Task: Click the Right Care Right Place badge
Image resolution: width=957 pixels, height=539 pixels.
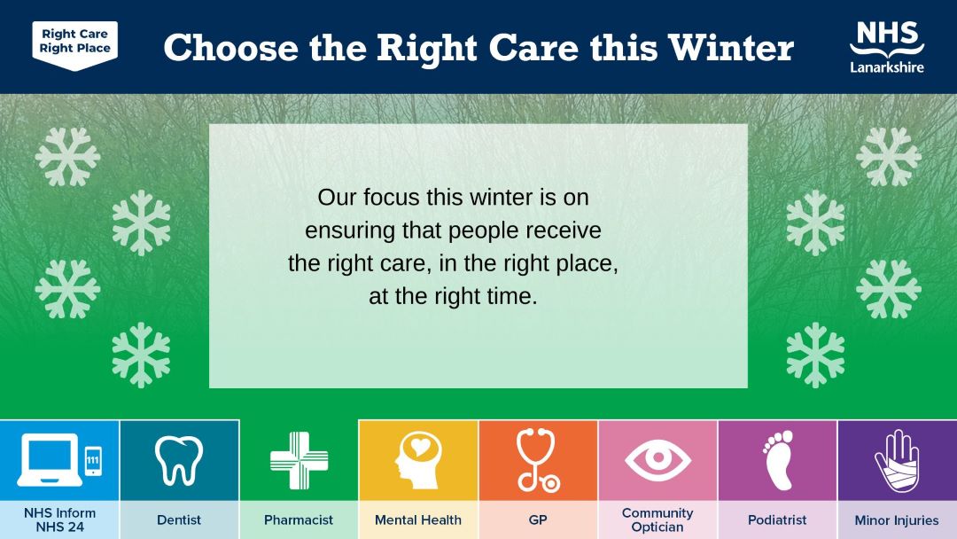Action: click(75, 45)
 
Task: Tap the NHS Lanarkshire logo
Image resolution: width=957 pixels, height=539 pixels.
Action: click(887, 47)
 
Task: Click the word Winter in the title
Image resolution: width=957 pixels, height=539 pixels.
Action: click(730, 48)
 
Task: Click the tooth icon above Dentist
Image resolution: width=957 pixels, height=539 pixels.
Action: click(179, 461)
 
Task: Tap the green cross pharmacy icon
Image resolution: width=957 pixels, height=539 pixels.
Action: click(300, 461)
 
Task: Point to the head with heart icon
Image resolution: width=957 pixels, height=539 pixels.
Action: click(418, 461)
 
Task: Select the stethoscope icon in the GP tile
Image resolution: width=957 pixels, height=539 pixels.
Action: click(536, 460)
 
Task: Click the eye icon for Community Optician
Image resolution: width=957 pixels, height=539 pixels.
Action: click(657, 459)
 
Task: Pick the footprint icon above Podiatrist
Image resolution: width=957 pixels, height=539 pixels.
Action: click(778, 460)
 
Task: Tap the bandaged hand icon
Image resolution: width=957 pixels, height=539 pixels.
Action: click(897, 461)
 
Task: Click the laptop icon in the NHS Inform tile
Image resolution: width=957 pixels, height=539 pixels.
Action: click(50, 460)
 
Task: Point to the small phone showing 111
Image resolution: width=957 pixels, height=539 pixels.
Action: click(93, 460)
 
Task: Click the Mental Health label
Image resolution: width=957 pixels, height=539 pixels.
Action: click(418, 520)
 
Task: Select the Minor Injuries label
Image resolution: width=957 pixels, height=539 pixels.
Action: click(897, 520)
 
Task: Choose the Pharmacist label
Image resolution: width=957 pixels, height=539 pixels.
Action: click(299, 520)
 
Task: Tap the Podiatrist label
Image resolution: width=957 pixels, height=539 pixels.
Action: click(777, 520)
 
